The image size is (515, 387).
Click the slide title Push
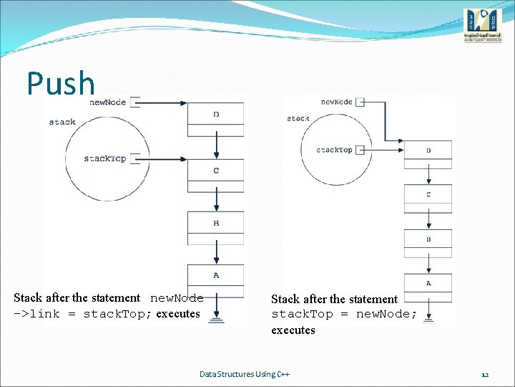(61, 84)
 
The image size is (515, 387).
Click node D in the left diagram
(216, 115)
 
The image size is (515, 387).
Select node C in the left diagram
(216, 171)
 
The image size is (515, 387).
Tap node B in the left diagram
(216, 224)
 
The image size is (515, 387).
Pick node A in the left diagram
(216, 275)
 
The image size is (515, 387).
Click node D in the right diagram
(428, 150)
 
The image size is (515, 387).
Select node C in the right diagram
(428, 195)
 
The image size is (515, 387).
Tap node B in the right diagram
(428, 239)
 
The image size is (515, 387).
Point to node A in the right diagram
(428, 283)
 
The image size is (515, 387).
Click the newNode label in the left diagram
(108, 102)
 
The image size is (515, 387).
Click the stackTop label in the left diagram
(104, 158)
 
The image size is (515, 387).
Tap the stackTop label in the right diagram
(334, 150)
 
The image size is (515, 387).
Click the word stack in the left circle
(62, 122)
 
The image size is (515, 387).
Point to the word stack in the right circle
(298, 118)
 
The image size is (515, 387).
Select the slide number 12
(485, 375)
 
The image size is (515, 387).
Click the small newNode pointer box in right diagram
(361, 102)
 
